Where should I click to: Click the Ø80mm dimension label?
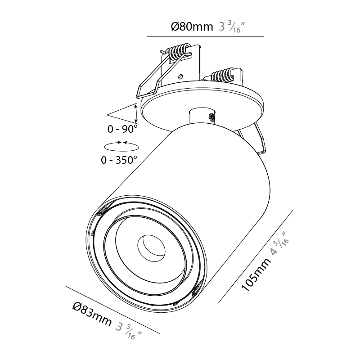coord(192,27)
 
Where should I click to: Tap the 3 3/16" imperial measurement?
coord(231,27)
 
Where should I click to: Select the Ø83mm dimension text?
coord(92,314)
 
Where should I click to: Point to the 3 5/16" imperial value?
coord(129,331)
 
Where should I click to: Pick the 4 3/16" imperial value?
coord(279,244)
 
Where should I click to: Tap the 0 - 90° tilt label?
coord(122,129)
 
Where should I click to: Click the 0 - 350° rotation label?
coord(119,160)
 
